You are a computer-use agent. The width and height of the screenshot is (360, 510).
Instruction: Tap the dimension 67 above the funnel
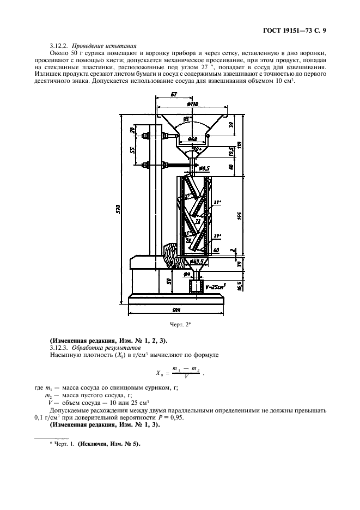(173, 95)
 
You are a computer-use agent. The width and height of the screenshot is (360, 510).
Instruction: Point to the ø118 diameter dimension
(192, 104)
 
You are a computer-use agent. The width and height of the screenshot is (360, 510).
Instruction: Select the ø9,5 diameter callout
(204, 168)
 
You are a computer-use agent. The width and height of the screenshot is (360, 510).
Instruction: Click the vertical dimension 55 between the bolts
(132, 150)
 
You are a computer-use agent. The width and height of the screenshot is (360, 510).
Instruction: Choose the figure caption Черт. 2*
(181, 325)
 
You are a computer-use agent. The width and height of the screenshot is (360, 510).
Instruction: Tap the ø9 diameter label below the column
(187, 275)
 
